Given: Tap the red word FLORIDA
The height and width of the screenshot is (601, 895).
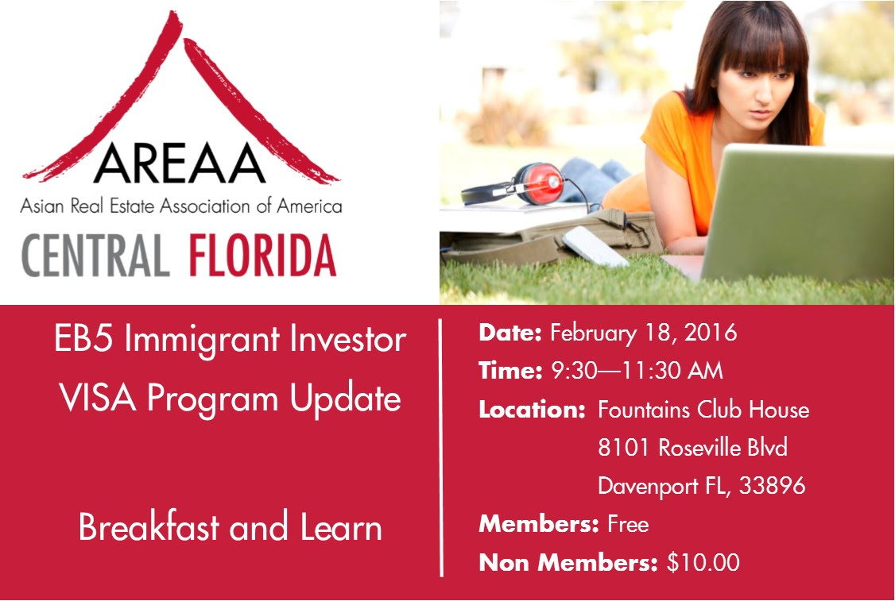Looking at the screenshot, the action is [262, 255].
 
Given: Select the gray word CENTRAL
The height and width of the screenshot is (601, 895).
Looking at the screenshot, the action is [95, 255].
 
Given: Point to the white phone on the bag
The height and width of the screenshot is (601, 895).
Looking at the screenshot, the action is [595, 246].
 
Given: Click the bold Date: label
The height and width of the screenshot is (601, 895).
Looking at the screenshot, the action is [510, 333].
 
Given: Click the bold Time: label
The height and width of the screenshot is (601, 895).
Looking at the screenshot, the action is [510, 371].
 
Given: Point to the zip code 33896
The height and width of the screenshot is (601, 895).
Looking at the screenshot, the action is [773, 486].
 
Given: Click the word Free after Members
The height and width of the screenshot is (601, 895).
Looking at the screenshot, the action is [628, 524].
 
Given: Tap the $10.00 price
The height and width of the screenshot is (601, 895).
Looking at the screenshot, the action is [703, 562].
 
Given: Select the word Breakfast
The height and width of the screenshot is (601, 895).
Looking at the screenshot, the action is [149, 526].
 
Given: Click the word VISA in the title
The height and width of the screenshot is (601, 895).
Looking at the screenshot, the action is [98, 398].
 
